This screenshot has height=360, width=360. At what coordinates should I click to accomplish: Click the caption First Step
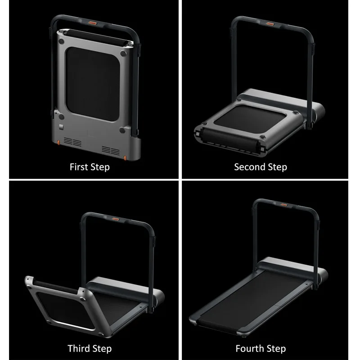point(90,167)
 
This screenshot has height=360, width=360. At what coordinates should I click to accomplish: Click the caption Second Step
point(260,167)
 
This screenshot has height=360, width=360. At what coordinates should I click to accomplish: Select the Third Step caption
point(90,348)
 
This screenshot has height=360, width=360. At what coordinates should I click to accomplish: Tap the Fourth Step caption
point(260,348)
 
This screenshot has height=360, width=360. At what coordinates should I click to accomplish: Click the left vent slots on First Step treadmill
point(76,143)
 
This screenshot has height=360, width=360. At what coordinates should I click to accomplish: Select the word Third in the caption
point(79,348)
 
